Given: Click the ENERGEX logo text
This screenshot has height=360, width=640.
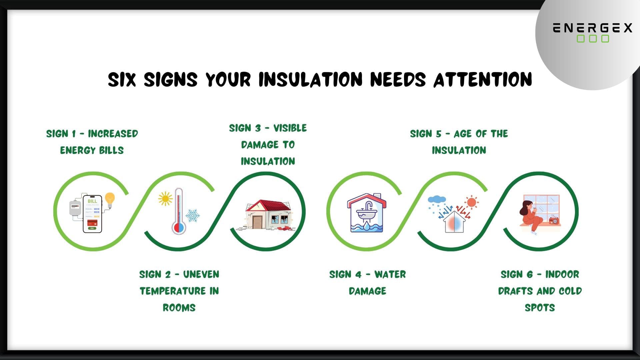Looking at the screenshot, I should tap(592, 28).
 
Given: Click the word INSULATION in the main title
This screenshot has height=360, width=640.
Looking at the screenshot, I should tap(310, 80).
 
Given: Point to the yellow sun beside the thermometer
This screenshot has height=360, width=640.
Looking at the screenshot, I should tap(165, 199).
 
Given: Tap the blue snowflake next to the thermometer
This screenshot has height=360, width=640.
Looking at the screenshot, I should tap(192, 216).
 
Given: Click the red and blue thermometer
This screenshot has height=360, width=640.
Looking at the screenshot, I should tap(179, 211).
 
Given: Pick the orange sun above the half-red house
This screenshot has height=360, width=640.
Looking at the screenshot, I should tap(471, 202).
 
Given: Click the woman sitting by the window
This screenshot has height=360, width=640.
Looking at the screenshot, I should tap(528, 215).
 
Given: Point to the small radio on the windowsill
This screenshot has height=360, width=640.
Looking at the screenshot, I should tap(554, 220).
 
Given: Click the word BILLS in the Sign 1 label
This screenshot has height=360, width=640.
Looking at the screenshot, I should tap(111, 150).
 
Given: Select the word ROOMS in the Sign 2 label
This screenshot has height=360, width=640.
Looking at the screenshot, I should tap(179, 308).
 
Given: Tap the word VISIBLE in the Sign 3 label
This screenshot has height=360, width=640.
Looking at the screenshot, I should tap(290, 128).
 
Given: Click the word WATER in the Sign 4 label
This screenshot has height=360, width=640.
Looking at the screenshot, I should tap(390, 275).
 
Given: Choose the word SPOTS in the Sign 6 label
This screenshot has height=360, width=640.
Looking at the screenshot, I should tap(540, 308).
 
